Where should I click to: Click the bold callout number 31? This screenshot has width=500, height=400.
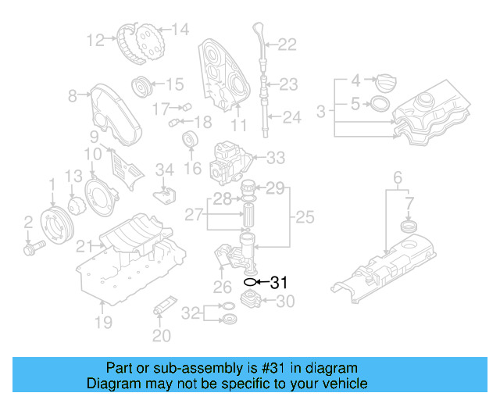(x=279, y=283)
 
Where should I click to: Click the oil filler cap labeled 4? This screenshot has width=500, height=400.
(x=386, y=80)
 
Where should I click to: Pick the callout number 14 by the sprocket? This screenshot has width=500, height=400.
(x=180, y=30)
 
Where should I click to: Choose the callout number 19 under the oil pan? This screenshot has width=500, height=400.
(x=103, y=321)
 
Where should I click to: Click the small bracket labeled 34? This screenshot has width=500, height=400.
(x=166, y=191)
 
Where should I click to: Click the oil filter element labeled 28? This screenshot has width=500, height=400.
(x=248, y=213)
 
